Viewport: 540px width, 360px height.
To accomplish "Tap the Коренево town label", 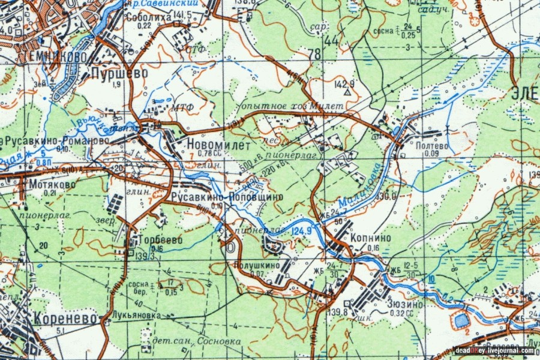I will pyautogui.click(x=65, y=318).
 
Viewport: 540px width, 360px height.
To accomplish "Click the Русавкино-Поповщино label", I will pyautogui.click(x=226, y=197).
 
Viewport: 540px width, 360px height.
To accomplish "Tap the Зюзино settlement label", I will pyautogui.click(x=394, y=304).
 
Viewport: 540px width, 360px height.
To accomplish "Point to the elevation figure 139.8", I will pyautogui.click(x=337, y=311).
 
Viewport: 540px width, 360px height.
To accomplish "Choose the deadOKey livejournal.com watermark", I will pyautogui.click(x=494, y=350).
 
